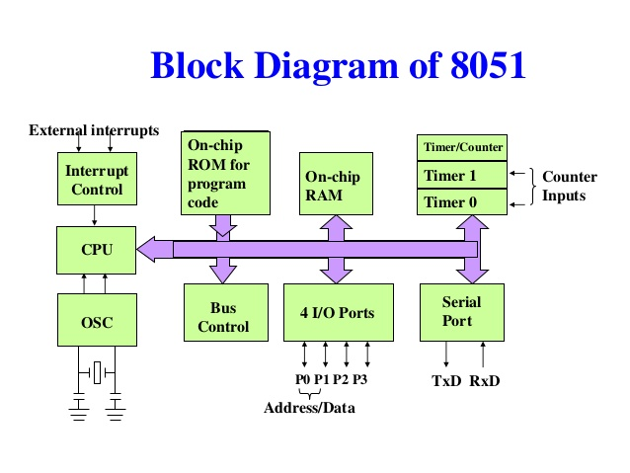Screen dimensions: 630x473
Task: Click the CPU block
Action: click(97, 250)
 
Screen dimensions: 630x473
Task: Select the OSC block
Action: click(97, 320)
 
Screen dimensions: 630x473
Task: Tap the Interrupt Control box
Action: click(97, 179)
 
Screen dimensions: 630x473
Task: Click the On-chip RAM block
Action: click(336, 184)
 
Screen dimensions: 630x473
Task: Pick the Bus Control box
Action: click(226, 313)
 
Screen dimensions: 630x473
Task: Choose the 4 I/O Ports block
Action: click(339, 313)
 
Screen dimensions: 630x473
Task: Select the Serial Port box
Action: click(462, 313)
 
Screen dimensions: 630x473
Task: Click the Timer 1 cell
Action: click(462, 175)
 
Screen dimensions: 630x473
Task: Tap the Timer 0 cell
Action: click(462, 201)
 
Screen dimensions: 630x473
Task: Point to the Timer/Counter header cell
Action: click(462, 147)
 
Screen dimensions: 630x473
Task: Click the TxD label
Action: click(446, 380)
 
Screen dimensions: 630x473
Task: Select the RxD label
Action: click(485, 380)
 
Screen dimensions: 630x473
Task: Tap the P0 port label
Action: click(302, 379)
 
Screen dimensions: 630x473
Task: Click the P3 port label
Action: click(359, 379)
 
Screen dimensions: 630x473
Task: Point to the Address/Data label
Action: click(309, 408)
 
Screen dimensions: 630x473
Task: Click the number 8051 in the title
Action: click(488, 65)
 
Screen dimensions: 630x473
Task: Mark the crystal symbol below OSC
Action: click(97, 372)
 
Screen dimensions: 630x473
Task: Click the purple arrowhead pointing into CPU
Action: click(155, 249)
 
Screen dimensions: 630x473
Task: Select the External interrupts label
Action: click(94, 130)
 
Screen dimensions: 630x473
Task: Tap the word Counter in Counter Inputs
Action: click(570, 177)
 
